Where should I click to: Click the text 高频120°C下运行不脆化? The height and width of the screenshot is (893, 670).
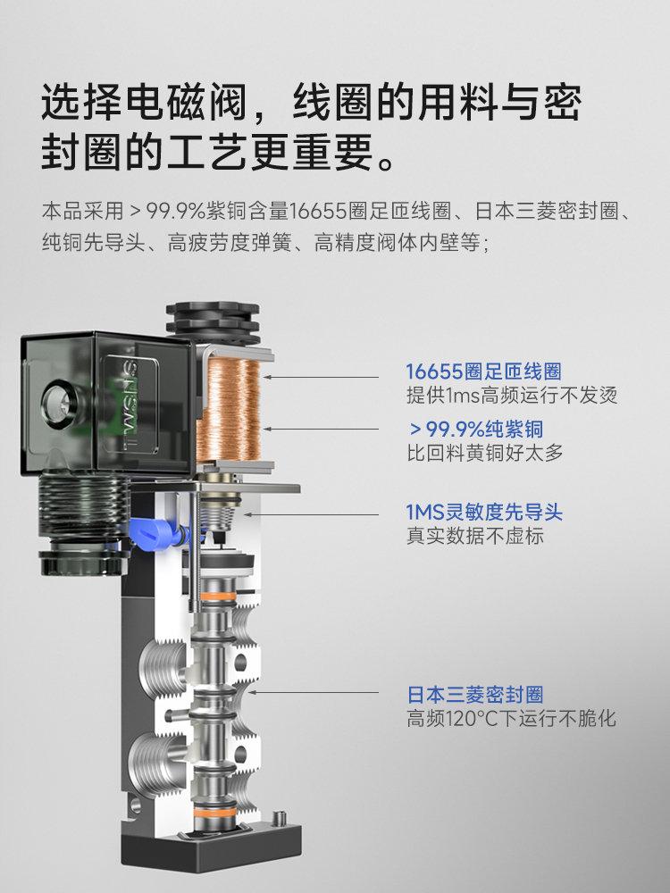pos(511,719)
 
